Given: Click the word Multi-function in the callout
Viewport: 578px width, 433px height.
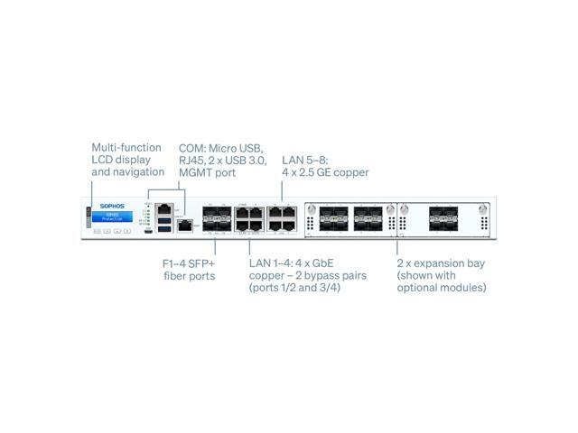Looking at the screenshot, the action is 126,147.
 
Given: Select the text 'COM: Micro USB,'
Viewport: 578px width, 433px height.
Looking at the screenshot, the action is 219,147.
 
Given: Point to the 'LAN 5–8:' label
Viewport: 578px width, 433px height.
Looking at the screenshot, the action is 305,159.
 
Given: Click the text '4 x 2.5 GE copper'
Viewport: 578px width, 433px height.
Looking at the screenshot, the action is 325,171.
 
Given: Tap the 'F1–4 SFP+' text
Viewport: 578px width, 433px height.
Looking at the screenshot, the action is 187,263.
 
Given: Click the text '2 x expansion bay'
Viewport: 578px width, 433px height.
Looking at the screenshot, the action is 440,263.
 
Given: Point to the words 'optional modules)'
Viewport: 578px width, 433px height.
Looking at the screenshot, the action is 443,288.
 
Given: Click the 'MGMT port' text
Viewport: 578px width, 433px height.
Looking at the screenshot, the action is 206,171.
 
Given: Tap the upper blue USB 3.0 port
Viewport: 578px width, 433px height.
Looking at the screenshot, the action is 165,219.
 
